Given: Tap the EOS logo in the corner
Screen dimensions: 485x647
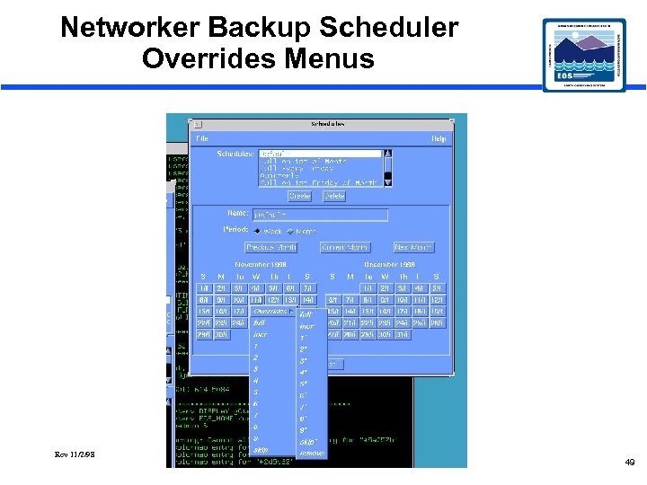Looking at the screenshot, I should (584, 55).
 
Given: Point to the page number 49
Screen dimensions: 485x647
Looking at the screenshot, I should (629, 462).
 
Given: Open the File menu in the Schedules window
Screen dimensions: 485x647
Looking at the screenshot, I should (203, 138).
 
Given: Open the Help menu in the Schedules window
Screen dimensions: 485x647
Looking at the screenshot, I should (439, 138).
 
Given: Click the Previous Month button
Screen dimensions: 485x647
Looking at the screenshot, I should (271, 247).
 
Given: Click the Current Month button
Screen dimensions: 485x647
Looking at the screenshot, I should (345, 247).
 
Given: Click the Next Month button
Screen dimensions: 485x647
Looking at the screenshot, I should (413, 247).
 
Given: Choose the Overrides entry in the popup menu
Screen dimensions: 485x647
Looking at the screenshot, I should (271, 312).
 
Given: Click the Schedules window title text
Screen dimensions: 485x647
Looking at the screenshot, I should (327, 124).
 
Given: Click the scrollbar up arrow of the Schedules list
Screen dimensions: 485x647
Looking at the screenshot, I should (388, 154).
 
